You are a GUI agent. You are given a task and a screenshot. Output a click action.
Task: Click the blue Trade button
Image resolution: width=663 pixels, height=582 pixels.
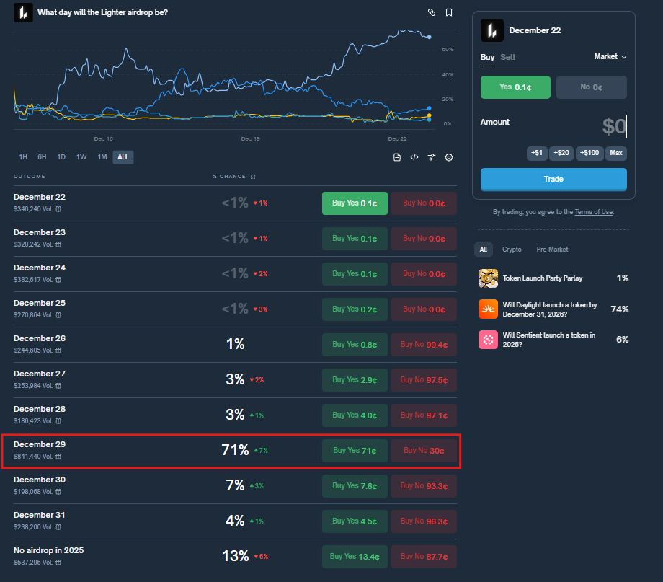(x=553, y=179)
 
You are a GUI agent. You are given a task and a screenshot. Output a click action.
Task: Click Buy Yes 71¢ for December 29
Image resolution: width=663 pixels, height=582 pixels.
(x=355, y=451)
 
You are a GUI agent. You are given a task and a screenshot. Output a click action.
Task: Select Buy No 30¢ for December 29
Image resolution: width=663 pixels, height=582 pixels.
(x=424, y=451)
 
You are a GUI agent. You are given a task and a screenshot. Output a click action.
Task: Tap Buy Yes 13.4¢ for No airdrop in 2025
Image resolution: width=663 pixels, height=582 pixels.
(x=355, y=557)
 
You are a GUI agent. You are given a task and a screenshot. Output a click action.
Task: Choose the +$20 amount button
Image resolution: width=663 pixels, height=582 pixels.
(x=561, y=154)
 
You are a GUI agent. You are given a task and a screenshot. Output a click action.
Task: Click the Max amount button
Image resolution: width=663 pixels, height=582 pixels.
(x=615, y=154)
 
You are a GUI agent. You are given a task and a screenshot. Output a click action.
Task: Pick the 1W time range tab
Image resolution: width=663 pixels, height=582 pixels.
(x=81, y=157)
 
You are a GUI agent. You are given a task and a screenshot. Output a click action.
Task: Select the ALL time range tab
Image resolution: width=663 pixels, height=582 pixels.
(x=123, y=157)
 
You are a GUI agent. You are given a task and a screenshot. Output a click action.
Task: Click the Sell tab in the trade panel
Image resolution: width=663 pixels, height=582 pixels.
(x=507, y=57)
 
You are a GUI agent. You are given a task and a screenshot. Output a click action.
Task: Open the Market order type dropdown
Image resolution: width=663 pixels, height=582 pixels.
(x=610, y=57)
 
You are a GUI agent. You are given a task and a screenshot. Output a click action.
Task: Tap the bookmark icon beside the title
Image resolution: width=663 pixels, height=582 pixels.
(x=449, y=12)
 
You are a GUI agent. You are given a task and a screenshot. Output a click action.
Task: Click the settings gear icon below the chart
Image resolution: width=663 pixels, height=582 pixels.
(x=449, y=157)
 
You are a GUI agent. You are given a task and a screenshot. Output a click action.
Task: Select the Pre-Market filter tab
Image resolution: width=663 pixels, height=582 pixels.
(x=552, y=250)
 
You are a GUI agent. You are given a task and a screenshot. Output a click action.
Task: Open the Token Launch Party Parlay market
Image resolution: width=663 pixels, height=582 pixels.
(x=543, y=278)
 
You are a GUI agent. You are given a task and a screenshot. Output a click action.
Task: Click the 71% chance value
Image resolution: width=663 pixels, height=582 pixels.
(x=234, y=451)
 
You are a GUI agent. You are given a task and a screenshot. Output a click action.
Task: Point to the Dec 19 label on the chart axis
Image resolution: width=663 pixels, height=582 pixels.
(x=250, y=138)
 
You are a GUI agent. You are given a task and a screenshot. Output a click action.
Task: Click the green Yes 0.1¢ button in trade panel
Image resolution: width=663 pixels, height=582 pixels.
(x=515, y=87)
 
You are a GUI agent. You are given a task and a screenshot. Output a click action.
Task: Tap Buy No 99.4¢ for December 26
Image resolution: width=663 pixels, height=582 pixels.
(x=424, y=345)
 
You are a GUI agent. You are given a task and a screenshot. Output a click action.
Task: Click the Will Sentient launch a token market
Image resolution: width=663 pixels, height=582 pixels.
(x=548, y=340)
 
